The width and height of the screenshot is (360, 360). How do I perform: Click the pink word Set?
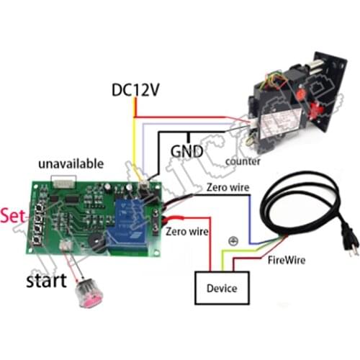pyautogui.click(x=14, y=215)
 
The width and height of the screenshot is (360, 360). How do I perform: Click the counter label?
pyautogui.click(x=242, y=161)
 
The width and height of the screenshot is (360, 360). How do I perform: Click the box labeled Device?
pyautogui.click(x=220, y=289)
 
